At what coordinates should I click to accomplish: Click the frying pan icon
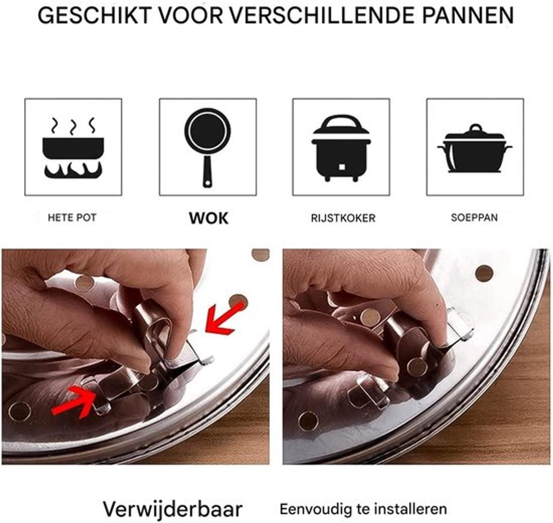click(207, 147)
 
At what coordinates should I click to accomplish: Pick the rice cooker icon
click(341, 148)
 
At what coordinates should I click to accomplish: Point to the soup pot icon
click(475, 148)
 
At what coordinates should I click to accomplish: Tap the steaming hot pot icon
click(73, 148)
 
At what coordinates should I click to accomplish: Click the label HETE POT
click(72, 217)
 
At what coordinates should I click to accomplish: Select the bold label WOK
click(208, 218)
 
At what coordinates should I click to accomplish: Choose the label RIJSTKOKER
click(343, 218)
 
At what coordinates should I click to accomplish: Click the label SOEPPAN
click(474, 217)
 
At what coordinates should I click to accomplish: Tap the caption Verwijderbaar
click(173, 486)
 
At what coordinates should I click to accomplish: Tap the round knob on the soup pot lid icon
click(476, 128)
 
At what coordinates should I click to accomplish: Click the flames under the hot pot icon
click(73, 170)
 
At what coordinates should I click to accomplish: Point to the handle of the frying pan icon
click(207, 171)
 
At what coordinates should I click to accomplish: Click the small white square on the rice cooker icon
click(342, 167)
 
